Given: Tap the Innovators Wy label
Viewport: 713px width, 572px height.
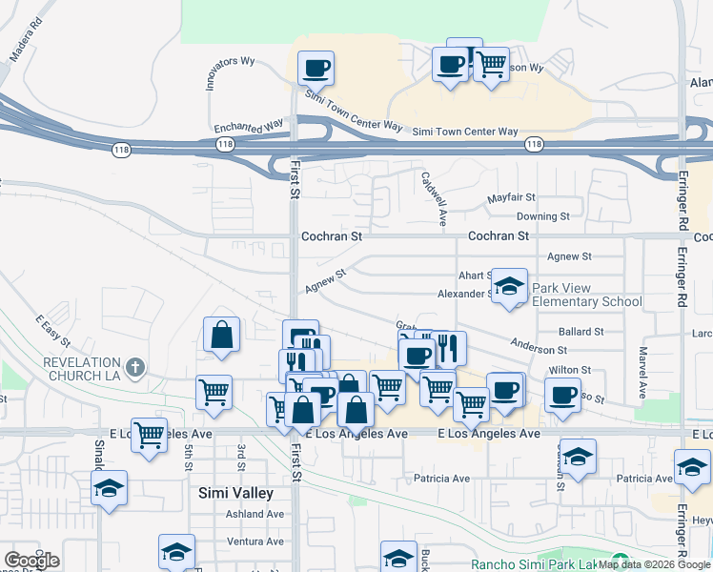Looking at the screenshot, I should tap(231, 72).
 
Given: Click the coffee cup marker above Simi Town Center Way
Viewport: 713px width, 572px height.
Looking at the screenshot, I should tap(316, 69).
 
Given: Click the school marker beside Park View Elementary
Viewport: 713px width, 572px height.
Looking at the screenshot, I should tap(509, 286).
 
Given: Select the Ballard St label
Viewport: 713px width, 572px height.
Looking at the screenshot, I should tap(581, 332).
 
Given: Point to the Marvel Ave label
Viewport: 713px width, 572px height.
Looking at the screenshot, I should tap(642, 373).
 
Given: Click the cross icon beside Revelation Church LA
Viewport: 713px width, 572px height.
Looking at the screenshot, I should tap(135, 366).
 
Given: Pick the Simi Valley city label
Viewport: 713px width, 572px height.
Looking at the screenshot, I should tap(235, 494).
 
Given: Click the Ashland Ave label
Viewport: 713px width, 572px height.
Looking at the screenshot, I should tap(255, 514).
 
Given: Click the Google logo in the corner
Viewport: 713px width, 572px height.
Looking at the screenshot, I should tap(31, 561).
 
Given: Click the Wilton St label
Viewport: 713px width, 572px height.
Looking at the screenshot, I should tap(570, 370).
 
